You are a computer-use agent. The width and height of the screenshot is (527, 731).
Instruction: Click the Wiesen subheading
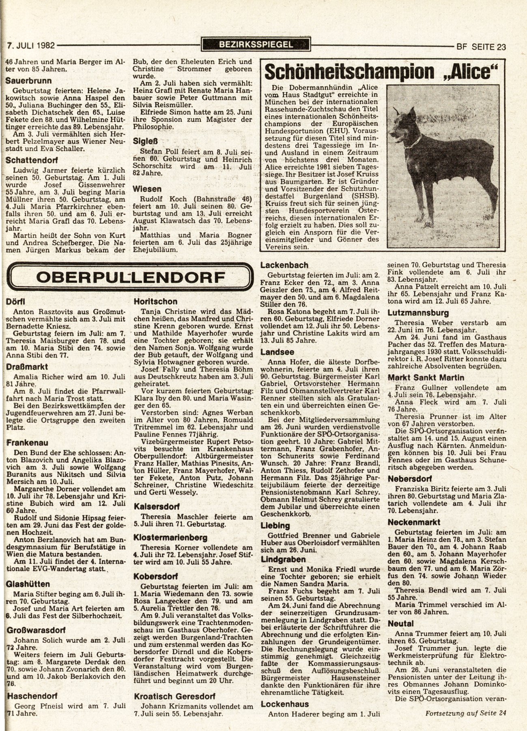tap(147, 189)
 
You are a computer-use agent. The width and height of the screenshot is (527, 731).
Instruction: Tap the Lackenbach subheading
tap(284, 265)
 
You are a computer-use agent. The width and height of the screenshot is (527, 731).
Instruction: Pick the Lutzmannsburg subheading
tap(418, 313)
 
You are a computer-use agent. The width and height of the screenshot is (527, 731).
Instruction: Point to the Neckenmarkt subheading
tap(414, 522)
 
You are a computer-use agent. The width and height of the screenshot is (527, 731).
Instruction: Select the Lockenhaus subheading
tap(285, 704)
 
